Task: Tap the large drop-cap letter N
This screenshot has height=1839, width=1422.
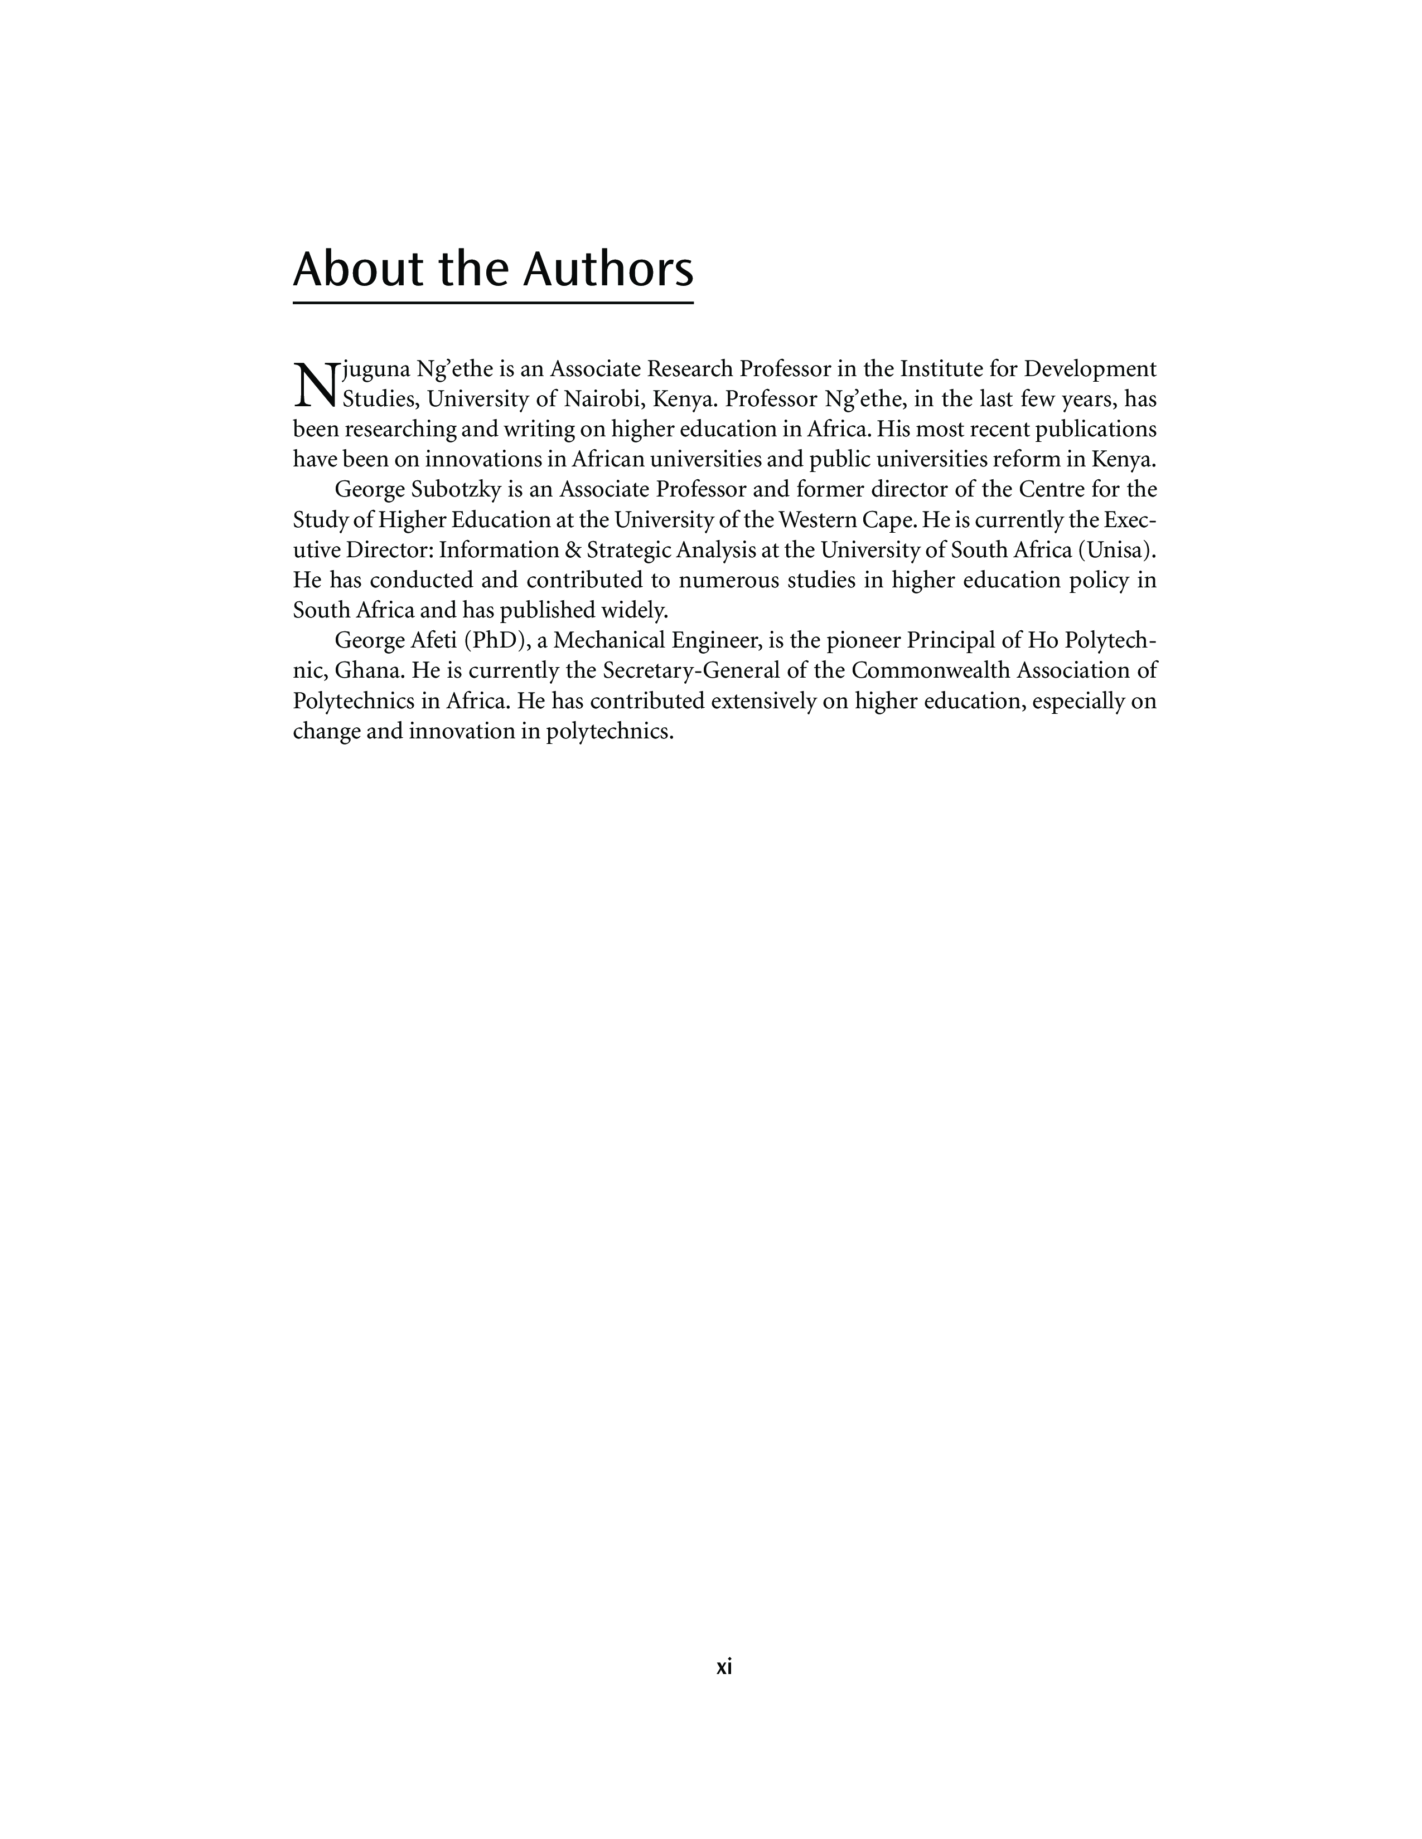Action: coord(314,383)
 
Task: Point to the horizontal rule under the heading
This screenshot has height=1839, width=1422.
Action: coord(493,302)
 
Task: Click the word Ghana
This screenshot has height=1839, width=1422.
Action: coord(369,672)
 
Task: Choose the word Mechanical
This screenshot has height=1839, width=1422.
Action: coord(611,641)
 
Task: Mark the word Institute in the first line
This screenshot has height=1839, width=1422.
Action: coord(946,369)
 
